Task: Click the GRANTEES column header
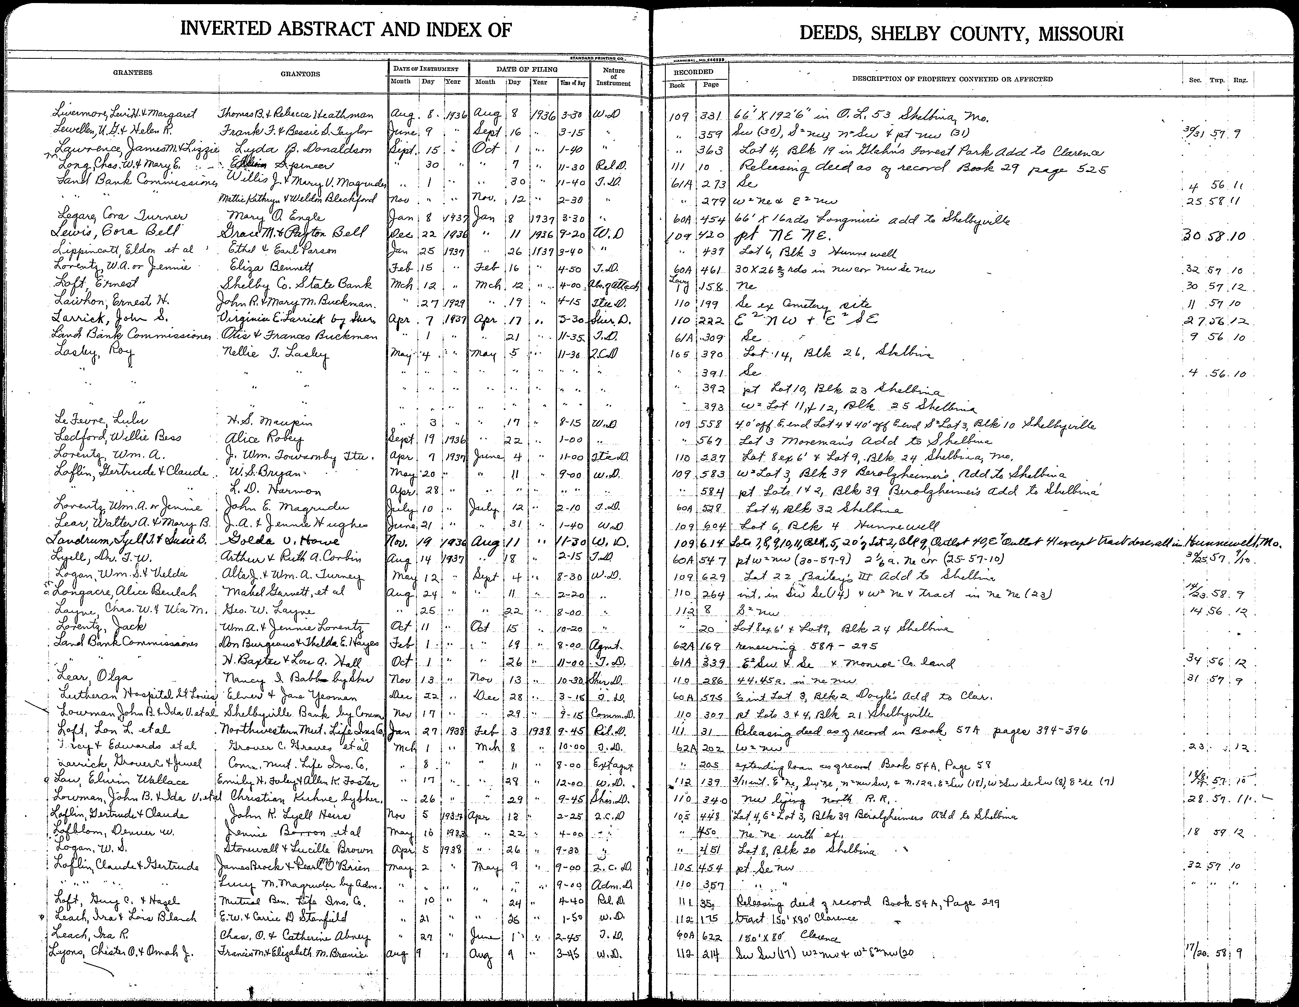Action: point(133,73)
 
